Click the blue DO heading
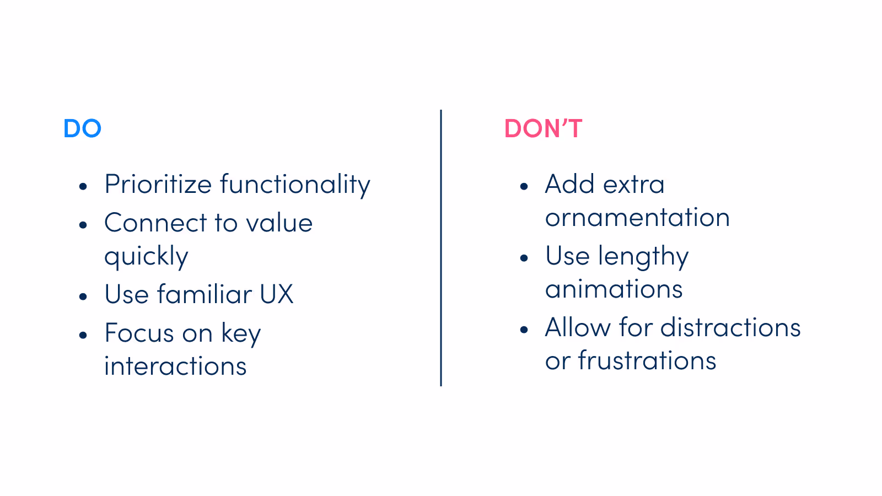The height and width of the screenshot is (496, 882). (x=82, y=128)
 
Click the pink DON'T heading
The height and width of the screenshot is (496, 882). (x=543, y=128)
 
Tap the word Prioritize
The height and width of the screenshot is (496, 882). (x=158, y=184)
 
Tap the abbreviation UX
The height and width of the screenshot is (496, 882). (x=276, y=294)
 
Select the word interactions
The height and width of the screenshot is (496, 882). (x=175, y=366)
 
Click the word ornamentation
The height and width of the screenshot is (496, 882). (x=637, y=218)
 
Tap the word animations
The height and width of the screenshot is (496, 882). (x=614, y=289)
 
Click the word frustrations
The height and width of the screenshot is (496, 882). (x=647, y=361)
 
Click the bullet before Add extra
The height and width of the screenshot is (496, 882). (x=524, y=186)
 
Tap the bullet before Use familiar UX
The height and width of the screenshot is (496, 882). (x=83, y=296)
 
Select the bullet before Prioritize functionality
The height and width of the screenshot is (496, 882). (x=83, y=186)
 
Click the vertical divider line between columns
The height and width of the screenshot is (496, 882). (x=441, y=248)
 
